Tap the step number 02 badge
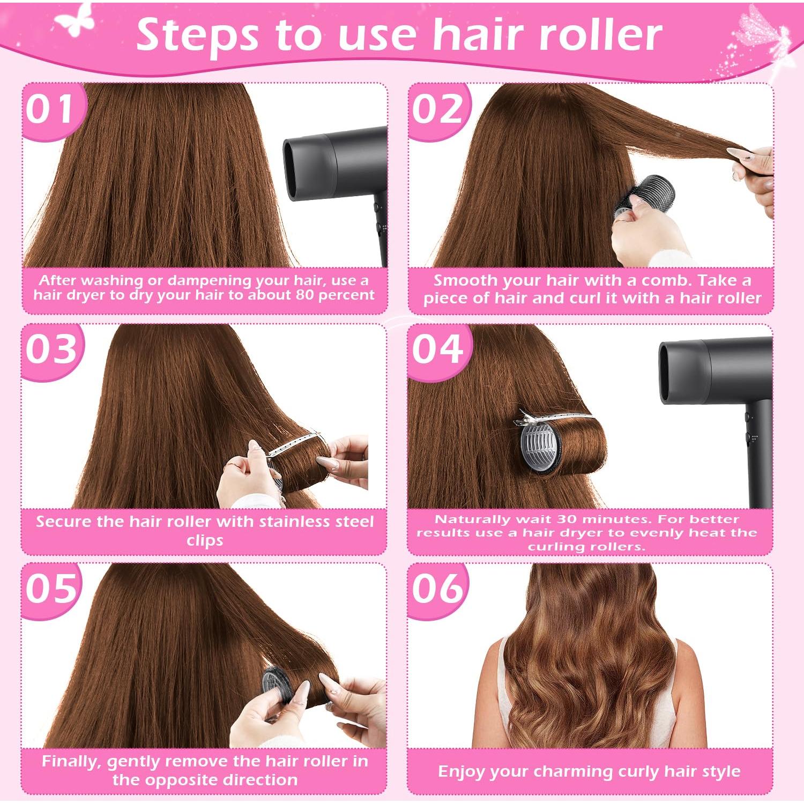point(437,109)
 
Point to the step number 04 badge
point(437,349)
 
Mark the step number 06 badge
point(437,589)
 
